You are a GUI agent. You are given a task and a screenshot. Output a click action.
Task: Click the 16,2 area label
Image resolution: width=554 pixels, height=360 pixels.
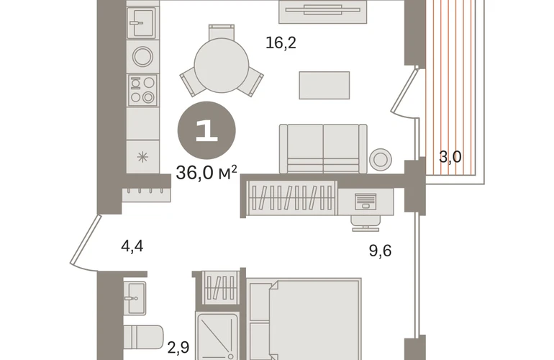point(281,43)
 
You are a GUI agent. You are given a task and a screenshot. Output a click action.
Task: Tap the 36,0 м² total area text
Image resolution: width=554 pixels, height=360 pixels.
point(206,173)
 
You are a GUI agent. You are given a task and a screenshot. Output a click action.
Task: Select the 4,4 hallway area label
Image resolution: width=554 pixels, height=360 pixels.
point(132,246)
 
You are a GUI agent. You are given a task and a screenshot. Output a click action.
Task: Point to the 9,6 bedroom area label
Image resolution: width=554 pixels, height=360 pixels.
point(380,251)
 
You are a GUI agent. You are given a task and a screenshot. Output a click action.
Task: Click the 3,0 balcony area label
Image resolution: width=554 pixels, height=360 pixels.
point(450,157)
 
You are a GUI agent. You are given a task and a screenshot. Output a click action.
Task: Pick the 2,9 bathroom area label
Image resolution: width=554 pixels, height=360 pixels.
point(178,348)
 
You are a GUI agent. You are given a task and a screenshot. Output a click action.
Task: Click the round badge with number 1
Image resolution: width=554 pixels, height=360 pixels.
point(206,130)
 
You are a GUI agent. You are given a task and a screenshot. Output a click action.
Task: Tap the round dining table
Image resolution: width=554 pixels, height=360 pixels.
point(222,66)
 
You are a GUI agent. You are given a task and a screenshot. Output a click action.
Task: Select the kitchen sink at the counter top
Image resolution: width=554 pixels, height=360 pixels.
point(142,22)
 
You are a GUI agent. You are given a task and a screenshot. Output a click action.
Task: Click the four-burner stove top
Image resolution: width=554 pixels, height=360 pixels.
point(142,90)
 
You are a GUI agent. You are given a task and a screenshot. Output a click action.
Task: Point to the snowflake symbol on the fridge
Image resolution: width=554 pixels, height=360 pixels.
point(142,157)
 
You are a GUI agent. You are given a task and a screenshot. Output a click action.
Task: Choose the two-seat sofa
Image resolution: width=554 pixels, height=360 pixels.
point(323,149)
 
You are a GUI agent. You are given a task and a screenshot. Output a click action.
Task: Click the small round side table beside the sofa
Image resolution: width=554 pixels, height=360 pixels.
point(381,160)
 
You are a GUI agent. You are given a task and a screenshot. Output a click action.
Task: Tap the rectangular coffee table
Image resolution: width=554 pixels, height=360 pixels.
point(324,85)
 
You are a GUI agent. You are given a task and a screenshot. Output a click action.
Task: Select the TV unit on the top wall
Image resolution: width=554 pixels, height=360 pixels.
point(323,12)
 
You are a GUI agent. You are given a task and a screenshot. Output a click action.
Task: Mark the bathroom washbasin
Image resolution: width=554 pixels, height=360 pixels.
point(135,298)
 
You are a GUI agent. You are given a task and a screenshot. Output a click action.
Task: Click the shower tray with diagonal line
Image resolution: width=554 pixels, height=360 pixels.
point(217,336)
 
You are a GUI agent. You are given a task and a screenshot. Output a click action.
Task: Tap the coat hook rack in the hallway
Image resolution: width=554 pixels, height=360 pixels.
point(146,195)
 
